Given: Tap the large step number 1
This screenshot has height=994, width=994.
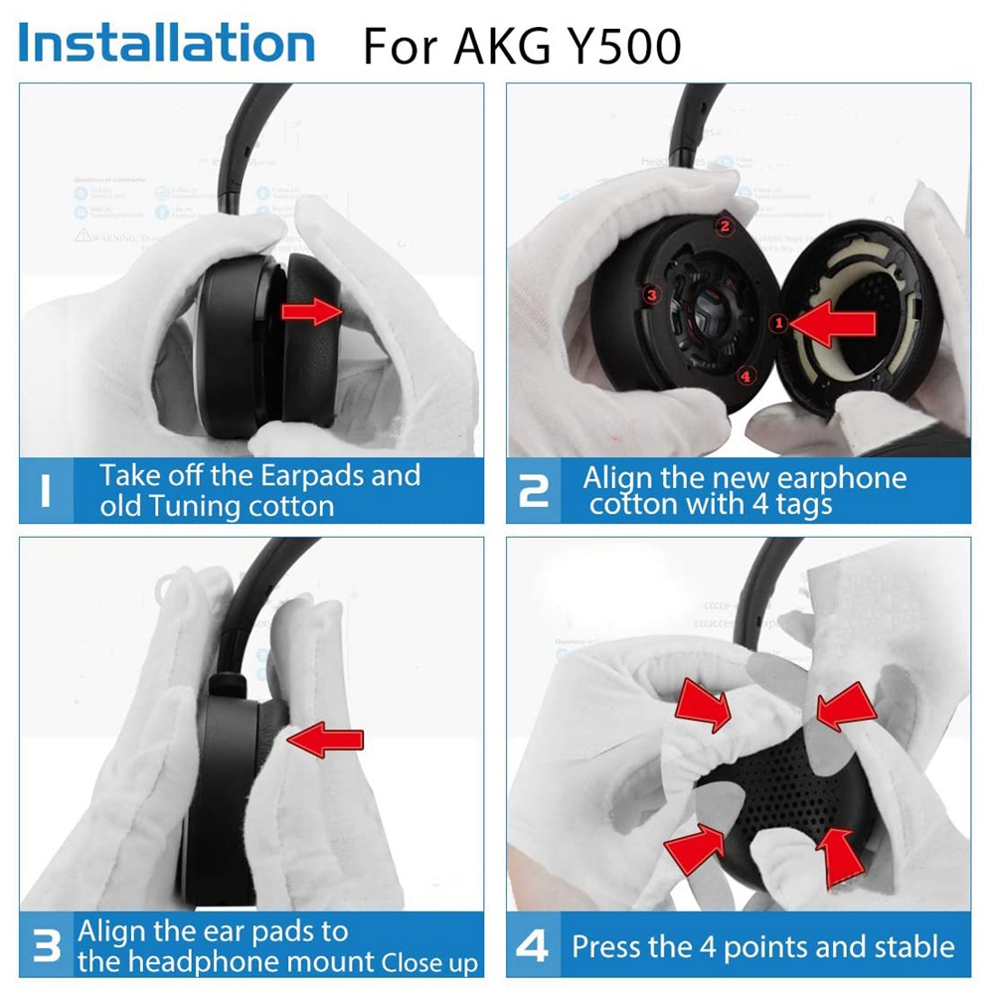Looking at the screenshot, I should coord(45,490).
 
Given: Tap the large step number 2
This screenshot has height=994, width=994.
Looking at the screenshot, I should coord(534,490).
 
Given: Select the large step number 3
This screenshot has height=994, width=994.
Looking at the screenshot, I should coord(46,945).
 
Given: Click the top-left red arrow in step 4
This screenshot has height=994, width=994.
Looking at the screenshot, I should coord(703,704).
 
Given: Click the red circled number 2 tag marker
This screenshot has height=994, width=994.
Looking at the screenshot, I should coord(725,227).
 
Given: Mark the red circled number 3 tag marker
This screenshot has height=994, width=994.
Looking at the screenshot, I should coord(652,295).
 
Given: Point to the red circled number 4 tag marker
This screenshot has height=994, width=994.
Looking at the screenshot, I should coord(747,376).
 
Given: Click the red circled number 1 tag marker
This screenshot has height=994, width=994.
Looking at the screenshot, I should coord(779,322).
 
